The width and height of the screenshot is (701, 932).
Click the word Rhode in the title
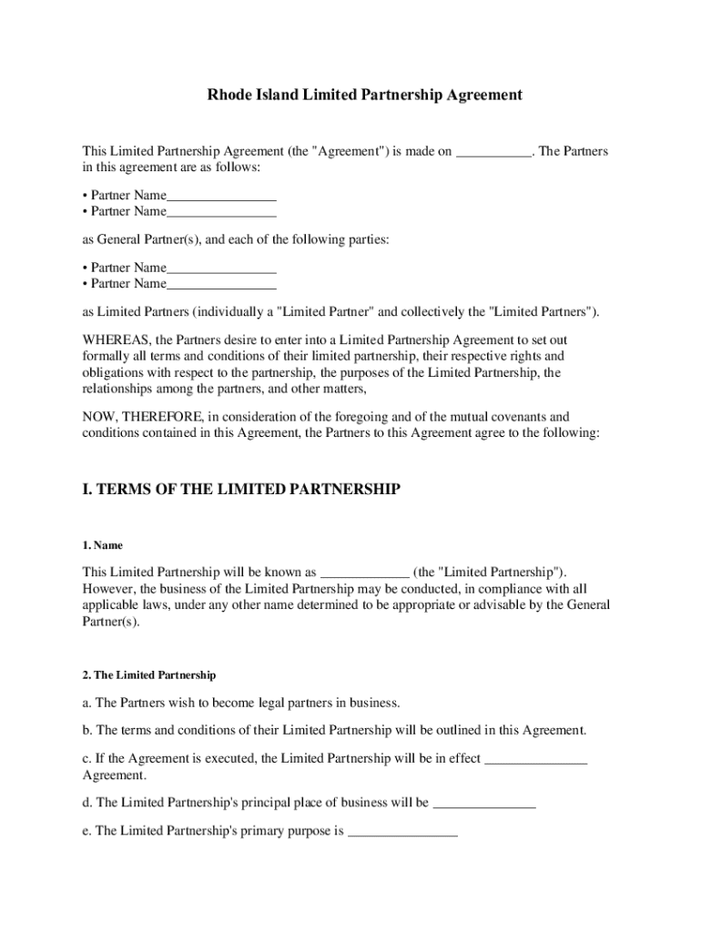coord(228,95)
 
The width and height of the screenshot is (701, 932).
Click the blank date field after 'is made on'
coord(493,152)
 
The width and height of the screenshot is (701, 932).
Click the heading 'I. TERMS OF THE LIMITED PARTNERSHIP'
coord(241,490)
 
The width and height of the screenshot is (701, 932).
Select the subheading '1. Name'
coord(103,545)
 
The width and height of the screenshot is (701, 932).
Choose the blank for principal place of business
coord(483,803)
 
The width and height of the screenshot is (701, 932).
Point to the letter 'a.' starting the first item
coord(87,703)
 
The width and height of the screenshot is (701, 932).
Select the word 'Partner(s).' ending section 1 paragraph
coord(111,623)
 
